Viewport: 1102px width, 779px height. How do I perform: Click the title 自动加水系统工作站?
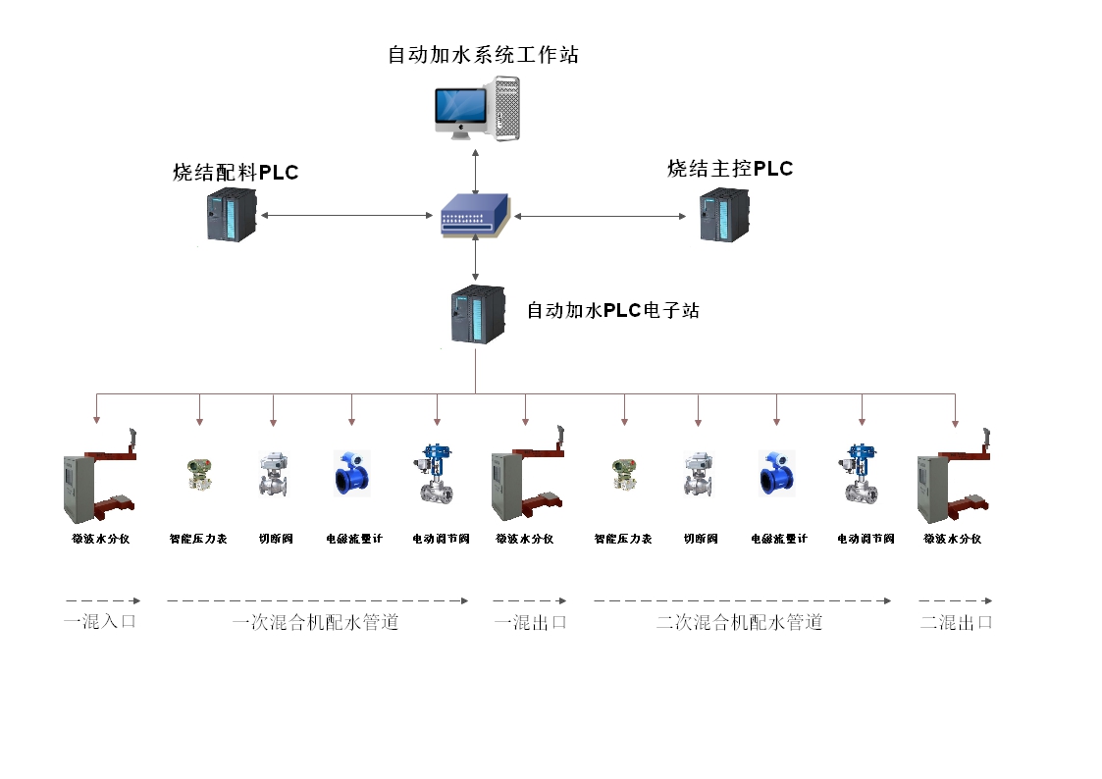tap(483, 55)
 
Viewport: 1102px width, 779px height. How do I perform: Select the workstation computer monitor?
tap(460, 110)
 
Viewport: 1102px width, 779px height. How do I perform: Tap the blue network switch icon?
tap(476, 216)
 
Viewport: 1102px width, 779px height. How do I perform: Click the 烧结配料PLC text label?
tap(236, 174)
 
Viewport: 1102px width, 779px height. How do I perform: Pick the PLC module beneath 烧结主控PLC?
tap(724, 217)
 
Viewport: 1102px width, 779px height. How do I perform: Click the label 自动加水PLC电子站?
tap(613, 311)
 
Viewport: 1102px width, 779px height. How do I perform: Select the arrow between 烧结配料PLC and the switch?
tap(347, 215)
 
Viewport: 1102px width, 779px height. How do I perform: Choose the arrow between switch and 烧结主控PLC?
tap(601, 215)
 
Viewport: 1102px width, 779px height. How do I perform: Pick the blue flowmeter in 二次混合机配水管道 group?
tap(776, 474)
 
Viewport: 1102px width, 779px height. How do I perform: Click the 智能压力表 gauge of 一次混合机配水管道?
tap(199, 475)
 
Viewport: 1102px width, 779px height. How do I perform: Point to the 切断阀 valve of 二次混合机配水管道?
tap(699, 475)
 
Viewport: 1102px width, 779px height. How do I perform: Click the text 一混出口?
tap(530, 622)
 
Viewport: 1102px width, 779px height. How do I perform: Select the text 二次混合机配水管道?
tap(738, 622)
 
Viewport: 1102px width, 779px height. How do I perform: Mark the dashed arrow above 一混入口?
tap(103, 600)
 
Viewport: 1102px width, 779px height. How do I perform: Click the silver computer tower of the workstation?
tap(505, 106)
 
